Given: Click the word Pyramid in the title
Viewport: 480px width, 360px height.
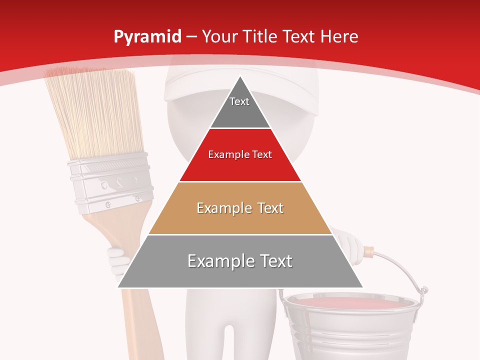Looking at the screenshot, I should coord(147,37).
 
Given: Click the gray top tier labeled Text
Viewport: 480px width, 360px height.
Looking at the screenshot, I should coord(240,107).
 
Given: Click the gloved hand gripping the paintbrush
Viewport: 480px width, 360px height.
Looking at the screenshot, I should coord(117,260).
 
